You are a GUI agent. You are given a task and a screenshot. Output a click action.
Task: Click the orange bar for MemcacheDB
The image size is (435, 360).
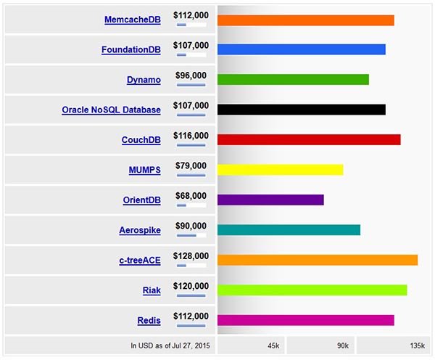(305, 20)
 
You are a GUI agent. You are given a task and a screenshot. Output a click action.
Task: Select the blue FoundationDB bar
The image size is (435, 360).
(301, 49)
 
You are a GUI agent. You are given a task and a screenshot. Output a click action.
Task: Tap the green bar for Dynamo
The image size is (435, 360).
(293, 79)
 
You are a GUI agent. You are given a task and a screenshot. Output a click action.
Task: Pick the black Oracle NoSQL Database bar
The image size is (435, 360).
(301, 110)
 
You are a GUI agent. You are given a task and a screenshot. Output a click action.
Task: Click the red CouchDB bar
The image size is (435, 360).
(309, 139)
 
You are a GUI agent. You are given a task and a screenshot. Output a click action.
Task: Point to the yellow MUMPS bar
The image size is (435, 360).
(280, 170)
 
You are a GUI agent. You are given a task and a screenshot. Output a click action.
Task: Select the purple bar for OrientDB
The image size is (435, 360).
(270, 200)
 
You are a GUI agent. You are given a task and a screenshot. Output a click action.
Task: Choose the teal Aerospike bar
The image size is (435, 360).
(289, 230)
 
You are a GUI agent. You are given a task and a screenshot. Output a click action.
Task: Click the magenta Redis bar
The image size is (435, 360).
(305, 320)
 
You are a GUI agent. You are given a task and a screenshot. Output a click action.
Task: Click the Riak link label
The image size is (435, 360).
(152, 291)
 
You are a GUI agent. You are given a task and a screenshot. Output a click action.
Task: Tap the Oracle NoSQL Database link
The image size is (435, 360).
(111, 110)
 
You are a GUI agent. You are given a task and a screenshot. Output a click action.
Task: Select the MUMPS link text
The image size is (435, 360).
(144, 171)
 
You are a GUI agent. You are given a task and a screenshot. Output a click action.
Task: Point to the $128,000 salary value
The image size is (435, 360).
(191, 256)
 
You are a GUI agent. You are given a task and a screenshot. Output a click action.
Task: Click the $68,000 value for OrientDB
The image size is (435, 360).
(191, 196)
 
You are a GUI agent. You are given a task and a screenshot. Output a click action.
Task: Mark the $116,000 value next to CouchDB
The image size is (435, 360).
(191, 136)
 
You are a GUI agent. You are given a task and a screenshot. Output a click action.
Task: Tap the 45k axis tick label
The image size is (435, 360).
(273, 345)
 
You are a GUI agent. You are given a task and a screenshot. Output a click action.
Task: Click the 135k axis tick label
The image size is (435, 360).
(417, 345)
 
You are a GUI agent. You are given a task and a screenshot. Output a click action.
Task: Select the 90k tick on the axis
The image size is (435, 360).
(343, 345)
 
